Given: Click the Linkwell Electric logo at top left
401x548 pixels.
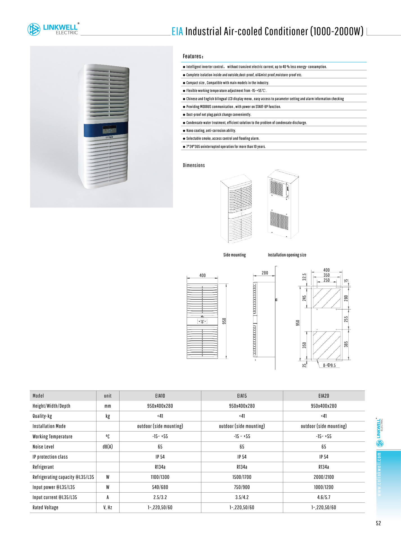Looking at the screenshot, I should point(53,29).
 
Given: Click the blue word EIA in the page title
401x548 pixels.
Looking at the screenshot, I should point(177,31).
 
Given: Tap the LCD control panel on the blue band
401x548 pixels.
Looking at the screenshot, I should point(109,129).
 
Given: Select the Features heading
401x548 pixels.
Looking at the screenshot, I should point(193,56).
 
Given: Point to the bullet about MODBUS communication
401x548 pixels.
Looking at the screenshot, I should point(233,107).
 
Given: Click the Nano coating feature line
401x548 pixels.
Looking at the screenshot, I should point(211,131).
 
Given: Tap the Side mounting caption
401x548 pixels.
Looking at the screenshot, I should point(235,255).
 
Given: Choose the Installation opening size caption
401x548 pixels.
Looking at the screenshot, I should point(287,255).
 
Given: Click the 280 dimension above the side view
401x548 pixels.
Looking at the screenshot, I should point(265,273).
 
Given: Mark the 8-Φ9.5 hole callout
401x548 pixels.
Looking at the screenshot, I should point(329,366).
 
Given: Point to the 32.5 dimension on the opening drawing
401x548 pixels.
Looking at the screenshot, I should point(304,277).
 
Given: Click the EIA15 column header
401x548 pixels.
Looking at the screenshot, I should point(242,396).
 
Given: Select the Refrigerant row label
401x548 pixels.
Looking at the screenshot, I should point(43,467).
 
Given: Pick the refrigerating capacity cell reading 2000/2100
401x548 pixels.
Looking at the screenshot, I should point(324,477).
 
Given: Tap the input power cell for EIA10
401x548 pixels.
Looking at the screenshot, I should point(160,487).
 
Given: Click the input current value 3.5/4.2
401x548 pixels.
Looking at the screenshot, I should point(242,497).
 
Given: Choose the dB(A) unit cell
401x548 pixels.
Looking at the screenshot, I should point(108,447).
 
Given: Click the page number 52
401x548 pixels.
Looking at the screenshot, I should point(378,523).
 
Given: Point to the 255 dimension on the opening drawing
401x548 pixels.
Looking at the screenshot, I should point(346,319).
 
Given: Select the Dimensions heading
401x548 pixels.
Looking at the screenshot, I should point(194,165).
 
